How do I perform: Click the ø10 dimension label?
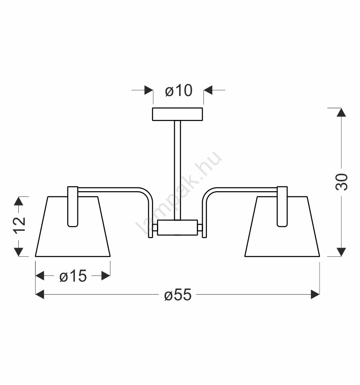click(179, 90)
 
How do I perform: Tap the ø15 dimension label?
click(73, 276)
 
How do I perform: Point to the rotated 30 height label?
click(341, 182)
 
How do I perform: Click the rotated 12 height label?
click(19, 225)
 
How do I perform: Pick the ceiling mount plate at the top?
click(177, 114)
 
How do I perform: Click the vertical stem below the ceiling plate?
click(177, 170)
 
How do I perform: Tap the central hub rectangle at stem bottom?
click(177, 228)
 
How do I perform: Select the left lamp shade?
click(73, 227)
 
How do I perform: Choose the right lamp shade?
click(282, 227)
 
